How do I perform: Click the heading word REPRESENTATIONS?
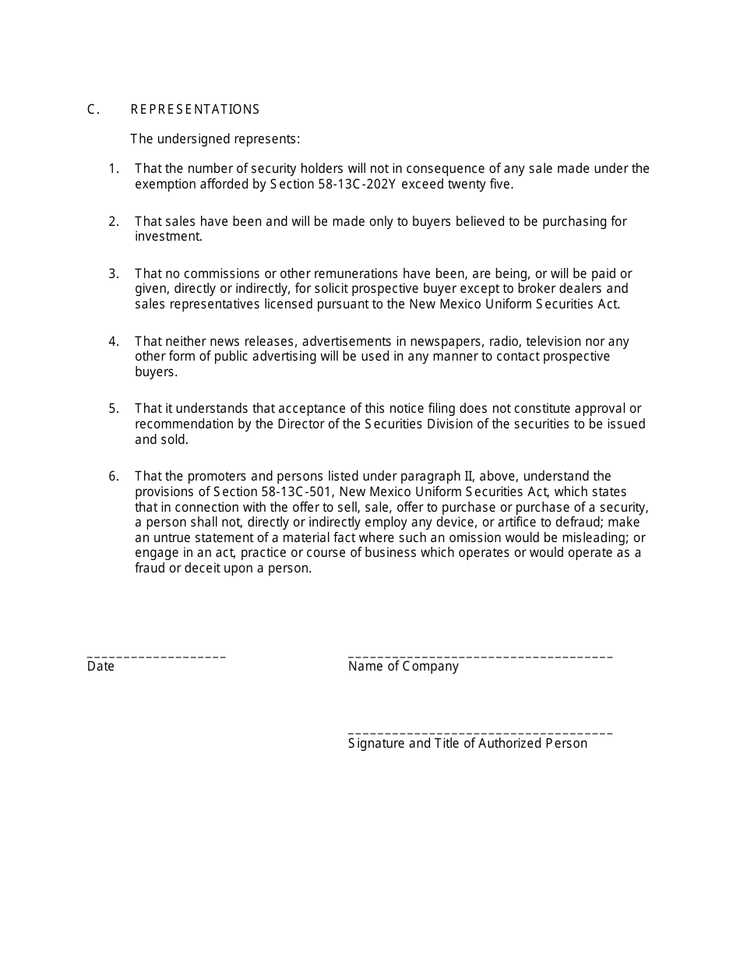pos(195,109)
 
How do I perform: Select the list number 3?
pos(114,273)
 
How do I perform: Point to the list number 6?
pos(114,476)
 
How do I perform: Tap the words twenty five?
pos(485,185)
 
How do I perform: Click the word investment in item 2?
pos(167,237)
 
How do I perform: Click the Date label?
pos(100,667)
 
